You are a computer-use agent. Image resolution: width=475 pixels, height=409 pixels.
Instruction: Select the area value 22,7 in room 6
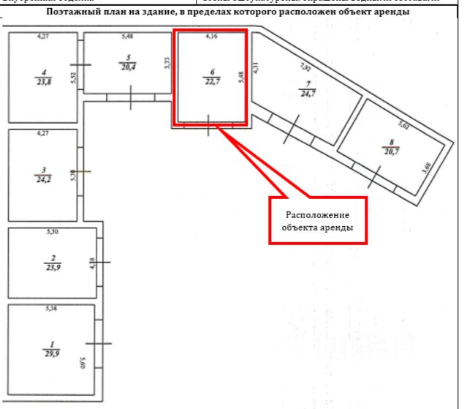coord(212,82)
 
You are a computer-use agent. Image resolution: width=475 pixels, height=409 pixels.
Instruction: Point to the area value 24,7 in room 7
coord(308,94)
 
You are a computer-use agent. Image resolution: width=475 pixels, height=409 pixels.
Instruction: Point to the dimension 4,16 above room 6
coord(212,36)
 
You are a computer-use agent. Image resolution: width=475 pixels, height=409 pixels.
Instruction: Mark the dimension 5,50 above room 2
coord(51,232)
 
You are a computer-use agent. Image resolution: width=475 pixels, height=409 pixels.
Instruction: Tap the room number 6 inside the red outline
coord(212,72)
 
